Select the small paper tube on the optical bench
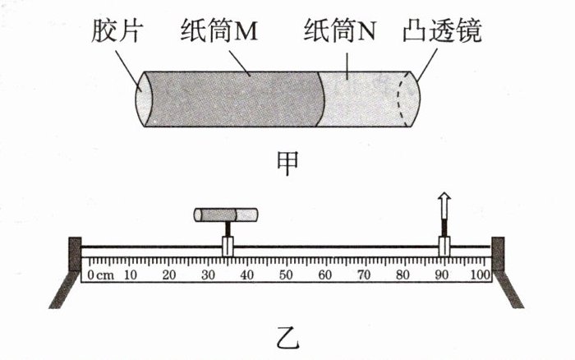(x=226, y=216)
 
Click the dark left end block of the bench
(x=75, y=254)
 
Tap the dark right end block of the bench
(x=498, y=254)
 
